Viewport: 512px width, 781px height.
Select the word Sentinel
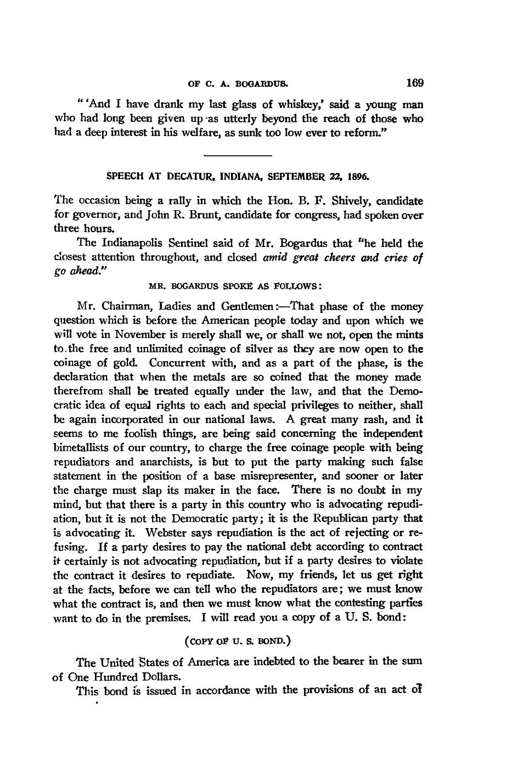166,244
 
